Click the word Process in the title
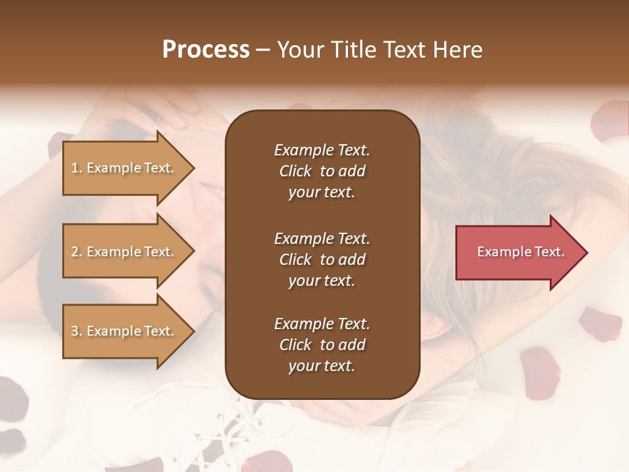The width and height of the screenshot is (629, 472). coord(206,50)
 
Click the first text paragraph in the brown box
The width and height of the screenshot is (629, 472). coord(322,171)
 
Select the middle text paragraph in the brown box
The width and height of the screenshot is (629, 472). coord(322,260)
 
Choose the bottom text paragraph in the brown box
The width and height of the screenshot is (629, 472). coord(322,345)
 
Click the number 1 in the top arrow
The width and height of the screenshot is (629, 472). coord(75,168)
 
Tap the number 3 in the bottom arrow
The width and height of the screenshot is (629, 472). coord(75,331)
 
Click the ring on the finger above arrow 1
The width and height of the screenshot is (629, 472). coord(157,119)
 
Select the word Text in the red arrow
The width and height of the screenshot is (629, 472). coord(550,252)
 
